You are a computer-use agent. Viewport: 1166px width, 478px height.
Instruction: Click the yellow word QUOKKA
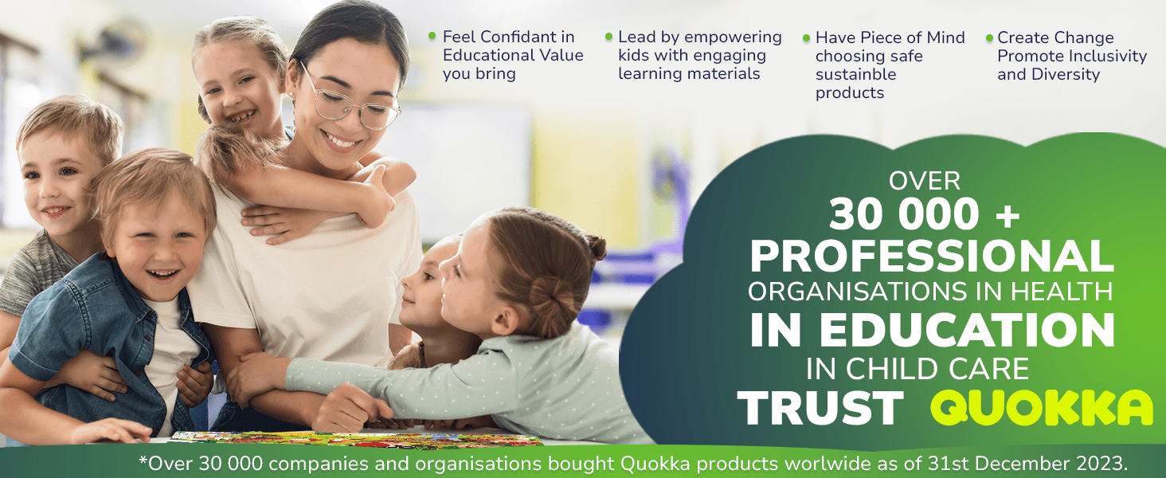(x=1042, y=408)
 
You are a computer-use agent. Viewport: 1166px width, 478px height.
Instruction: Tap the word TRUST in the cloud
(x=820, y=408)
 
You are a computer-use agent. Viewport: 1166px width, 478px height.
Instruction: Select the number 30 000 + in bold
(x=925, y=214)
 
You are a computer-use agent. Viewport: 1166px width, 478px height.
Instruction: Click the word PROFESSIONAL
(x=932, y=256)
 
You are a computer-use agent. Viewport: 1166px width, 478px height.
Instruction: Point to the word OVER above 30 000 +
(x=925, y=181)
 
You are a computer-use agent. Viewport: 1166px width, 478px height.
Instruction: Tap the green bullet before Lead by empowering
(x=609, y=37)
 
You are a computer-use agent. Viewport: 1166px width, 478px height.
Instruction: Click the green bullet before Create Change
(x=989, y=37)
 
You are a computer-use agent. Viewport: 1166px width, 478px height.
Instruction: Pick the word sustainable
(x=855, y=74)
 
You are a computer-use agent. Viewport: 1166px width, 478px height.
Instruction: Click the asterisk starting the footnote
(x=143, y=460)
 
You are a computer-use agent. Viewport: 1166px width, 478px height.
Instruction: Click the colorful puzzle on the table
(x=354, y=439)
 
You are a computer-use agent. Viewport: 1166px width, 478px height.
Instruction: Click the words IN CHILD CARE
(x=918, y=369)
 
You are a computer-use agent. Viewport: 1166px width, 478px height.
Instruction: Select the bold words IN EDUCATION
(x=932, y=330)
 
